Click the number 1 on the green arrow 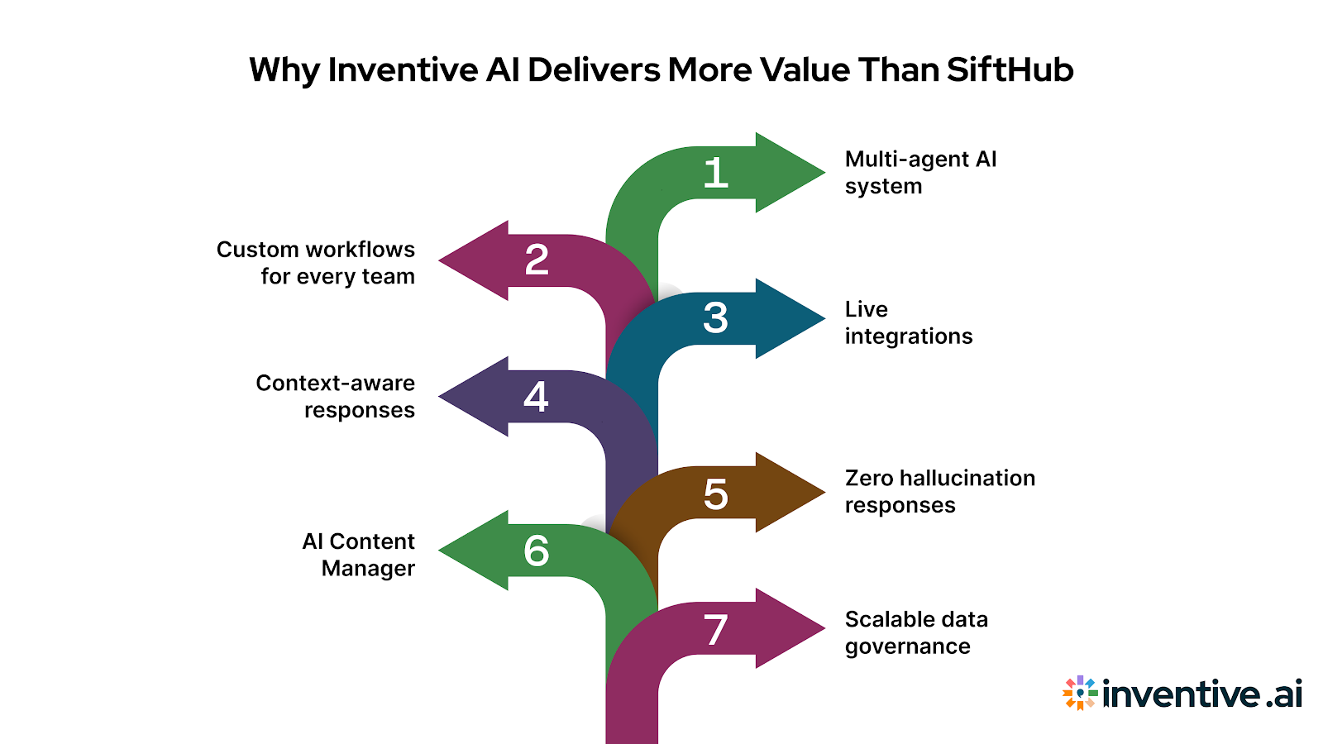coord(715,174)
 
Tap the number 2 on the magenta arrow coord(537,260)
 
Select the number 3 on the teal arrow coord(715,318)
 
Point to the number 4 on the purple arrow coord(536,397)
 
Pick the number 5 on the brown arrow coord(715,494)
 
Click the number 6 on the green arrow coord(536,551)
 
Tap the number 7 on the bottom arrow coord(715,630)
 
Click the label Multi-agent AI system coord(919,172)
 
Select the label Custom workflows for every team coord(316,263)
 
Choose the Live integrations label coord(908,322)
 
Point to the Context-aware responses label coord(336,396)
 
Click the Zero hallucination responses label coord(939,491)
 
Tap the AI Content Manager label coord(359,555)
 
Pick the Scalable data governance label coord(915,632)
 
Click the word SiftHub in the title coord(1010,70)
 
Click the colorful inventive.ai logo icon coord(1080,693)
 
